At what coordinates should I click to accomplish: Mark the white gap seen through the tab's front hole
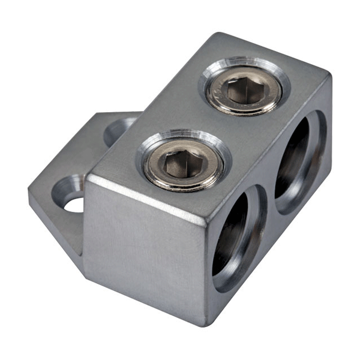[x=74, y=205]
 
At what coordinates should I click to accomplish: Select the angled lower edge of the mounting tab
[x=54, y=231]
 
